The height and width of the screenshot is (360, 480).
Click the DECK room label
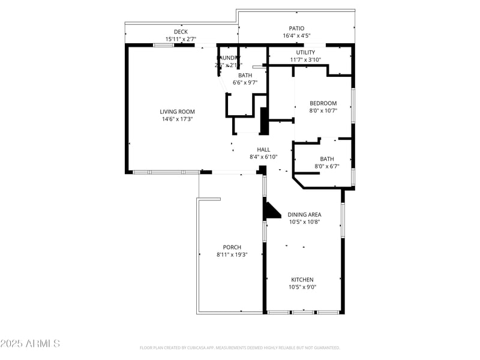click(181, 32)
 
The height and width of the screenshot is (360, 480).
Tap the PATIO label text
click(296, 28)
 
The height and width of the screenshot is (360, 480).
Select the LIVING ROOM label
click(177, 112)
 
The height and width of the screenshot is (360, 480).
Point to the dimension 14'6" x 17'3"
click(177, 119)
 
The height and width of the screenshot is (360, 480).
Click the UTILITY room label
click(305, 52)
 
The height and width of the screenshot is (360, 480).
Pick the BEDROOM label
click(323, 103)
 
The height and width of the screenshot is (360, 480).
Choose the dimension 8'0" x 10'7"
click(323, 110)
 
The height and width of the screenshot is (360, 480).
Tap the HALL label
click(263, 149)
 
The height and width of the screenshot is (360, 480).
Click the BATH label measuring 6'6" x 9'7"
click(245, 76)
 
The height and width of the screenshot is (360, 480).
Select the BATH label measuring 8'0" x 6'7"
click(326, 159)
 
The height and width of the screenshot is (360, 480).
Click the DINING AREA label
click(304, 214)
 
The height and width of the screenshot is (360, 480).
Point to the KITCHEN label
click(302, 280)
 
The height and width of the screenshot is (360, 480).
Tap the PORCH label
click(232, 247)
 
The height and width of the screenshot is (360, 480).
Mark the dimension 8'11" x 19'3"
click(232, 254)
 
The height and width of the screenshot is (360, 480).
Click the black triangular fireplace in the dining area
click(271, 211)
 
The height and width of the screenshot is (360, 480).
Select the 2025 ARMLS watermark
click(30, 344)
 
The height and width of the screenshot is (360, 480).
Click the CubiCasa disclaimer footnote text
click(240, 347)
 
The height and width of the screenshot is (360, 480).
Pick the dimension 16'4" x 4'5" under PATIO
click(296, 36)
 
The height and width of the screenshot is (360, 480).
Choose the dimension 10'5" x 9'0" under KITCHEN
click(302, 287)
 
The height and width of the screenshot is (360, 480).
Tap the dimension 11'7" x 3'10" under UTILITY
click(305, 59)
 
